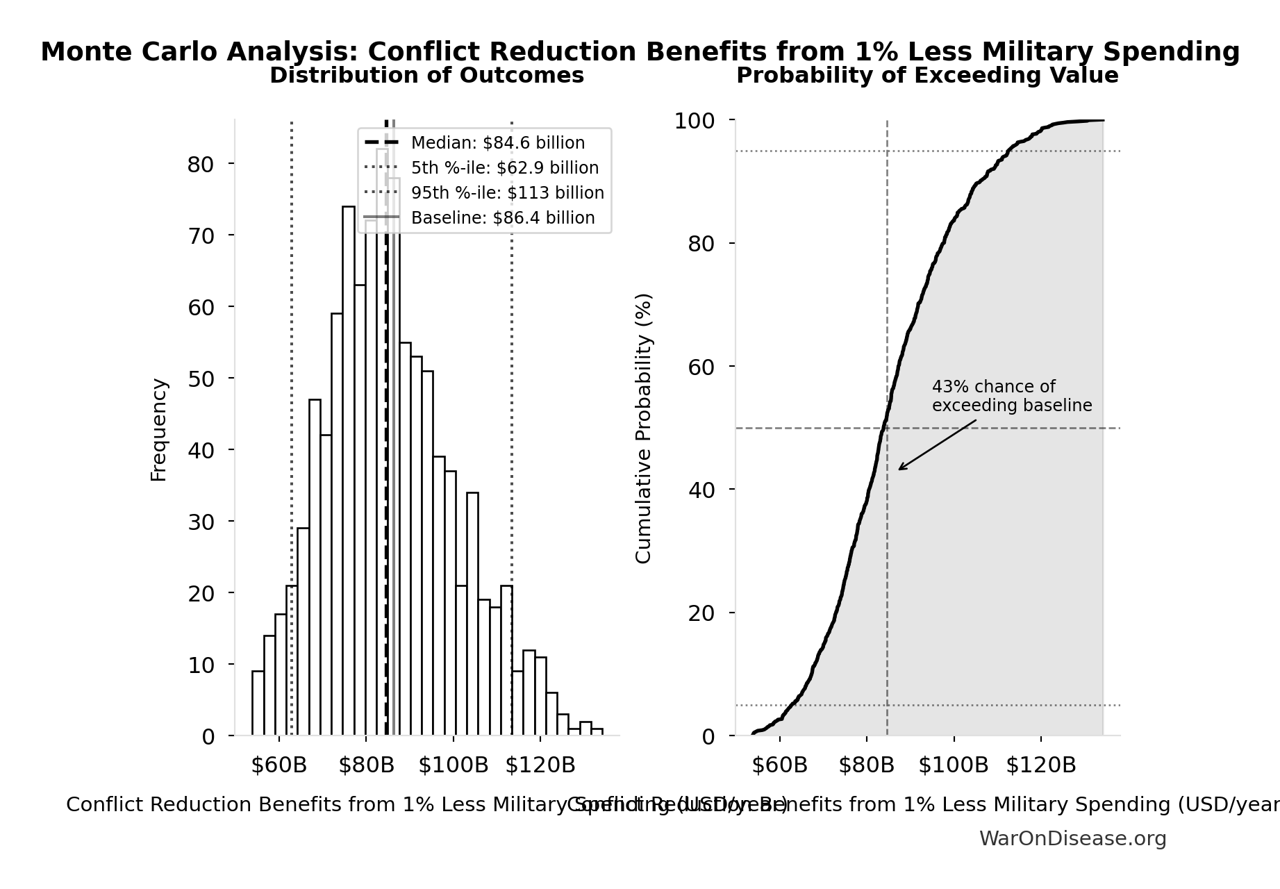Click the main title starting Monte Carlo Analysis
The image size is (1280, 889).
640,52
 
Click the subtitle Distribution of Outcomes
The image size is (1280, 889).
426,76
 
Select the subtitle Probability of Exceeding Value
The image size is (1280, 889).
927,76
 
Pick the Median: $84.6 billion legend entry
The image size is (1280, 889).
497,143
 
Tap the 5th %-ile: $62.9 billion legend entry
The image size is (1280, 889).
504,168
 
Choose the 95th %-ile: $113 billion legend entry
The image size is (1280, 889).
507,193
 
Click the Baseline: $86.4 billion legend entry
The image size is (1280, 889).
502,218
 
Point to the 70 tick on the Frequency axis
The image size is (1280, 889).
201,236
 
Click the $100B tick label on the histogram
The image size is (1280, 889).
454,765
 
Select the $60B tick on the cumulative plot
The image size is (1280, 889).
779,765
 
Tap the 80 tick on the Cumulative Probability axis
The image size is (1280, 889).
701,244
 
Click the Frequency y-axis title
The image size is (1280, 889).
158,430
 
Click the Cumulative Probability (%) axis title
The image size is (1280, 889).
644,428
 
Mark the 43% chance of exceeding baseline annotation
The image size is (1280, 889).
1011,396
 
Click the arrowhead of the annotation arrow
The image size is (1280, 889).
900,470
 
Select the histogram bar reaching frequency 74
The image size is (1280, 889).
349,472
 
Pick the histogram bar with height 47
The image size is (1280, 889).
315,568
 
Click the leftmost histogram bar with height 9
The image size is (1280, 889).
258,704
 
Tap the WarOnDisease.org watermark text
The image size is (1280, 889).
1072,839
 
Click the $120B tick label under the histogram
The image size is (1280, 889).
540,765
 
